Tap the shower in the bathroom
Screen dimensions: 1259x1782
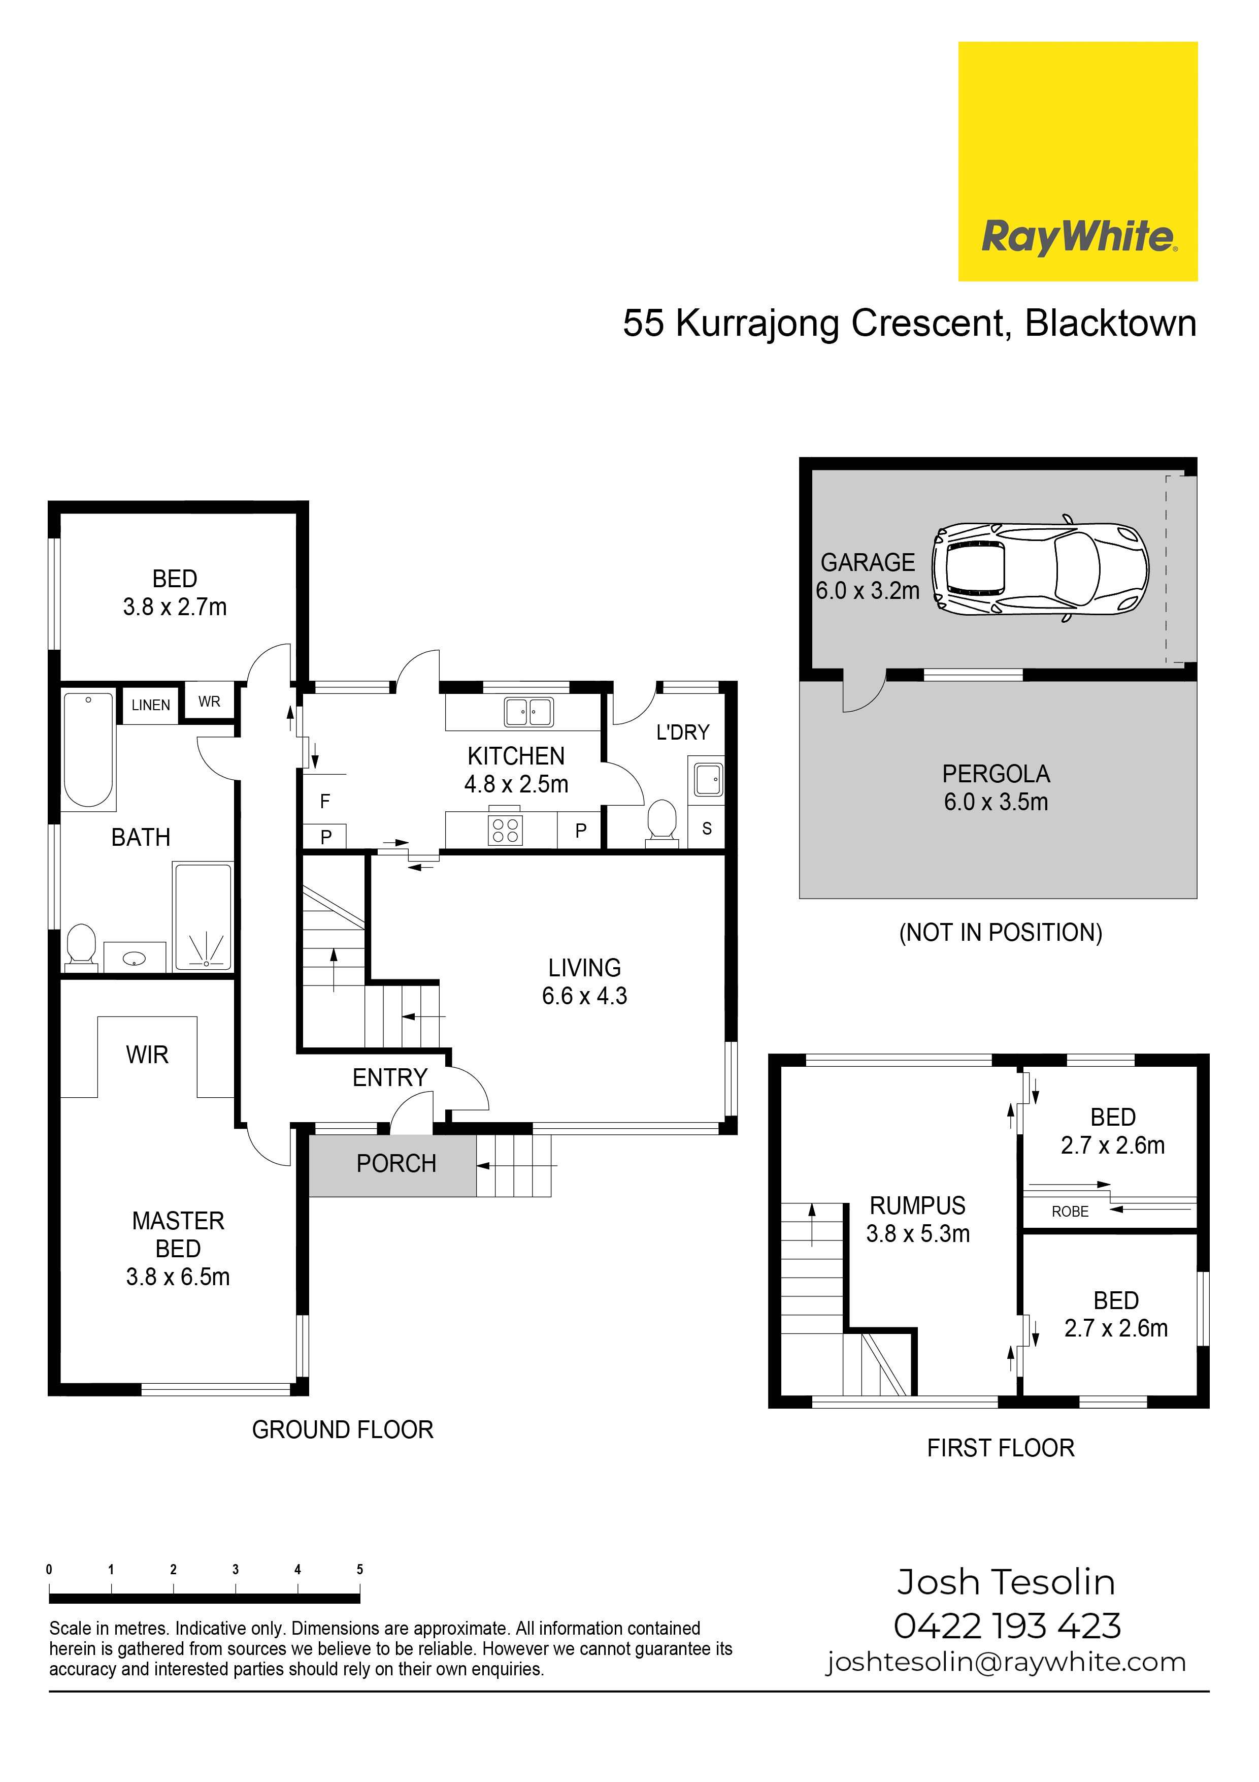[x=203, y=916]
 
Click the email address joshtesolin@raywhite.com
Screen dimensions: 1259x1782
[x=1006, y=1663]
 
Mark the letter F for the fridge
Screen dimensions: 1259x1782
[x=325, y=801]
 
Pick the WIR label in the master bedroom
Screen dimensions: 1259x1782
[x=147, y=1055]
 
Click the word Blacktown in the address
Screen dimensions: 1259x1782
[x=1111, y=323]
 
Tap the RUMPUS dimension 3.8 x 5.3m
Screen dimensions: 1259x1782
[x=918, y=1233]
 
